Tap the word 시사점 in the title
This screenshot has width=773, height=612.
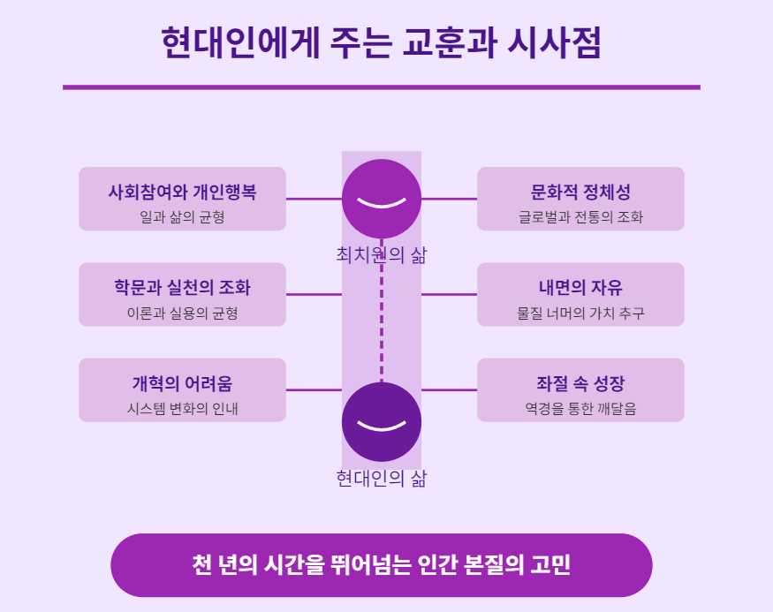tap(555, 43)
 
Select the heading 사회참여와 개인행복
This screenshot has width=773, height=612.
tap(183, 192)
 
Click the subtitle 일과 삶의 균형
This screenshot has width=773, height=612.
tap(183, 216)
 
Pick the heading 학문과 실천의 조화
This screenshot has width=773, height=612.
tap(183, 287)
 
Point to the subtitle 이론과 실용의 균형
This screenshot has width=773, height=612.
tap(183, 313)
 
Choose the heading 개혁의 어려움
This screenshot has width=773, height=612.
tap(183, 383)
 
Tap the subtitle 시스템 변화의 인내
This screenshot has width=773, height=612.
tap(183, 408)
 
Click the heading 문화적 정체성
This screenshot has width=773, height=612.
tap(580, 192)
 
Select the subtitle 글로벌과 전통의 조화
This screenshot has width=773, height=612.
tap(580, 216)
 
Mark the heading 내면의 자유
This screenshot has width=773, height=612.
tap(580, 287)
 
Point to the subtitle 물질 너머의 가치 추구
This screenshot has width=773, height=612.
tap(580, 313)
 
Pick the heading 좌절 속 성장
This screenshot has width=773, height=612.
tap(580, 383)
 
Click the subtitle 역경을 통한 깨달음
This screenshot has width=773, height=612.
tap(580, 408)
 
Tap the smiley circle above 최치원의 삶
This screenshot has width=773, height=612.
tap(382, 198)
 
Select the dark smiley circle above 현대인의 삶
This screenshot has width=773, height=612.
tap(382, 421)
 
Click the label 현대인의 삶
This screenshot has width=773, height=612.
tap(382, 479)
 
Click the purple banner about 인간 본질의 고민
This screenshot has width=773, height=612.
tap(382, 565)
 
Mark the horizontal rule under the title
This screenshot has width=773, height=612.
tap(382, 87)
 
